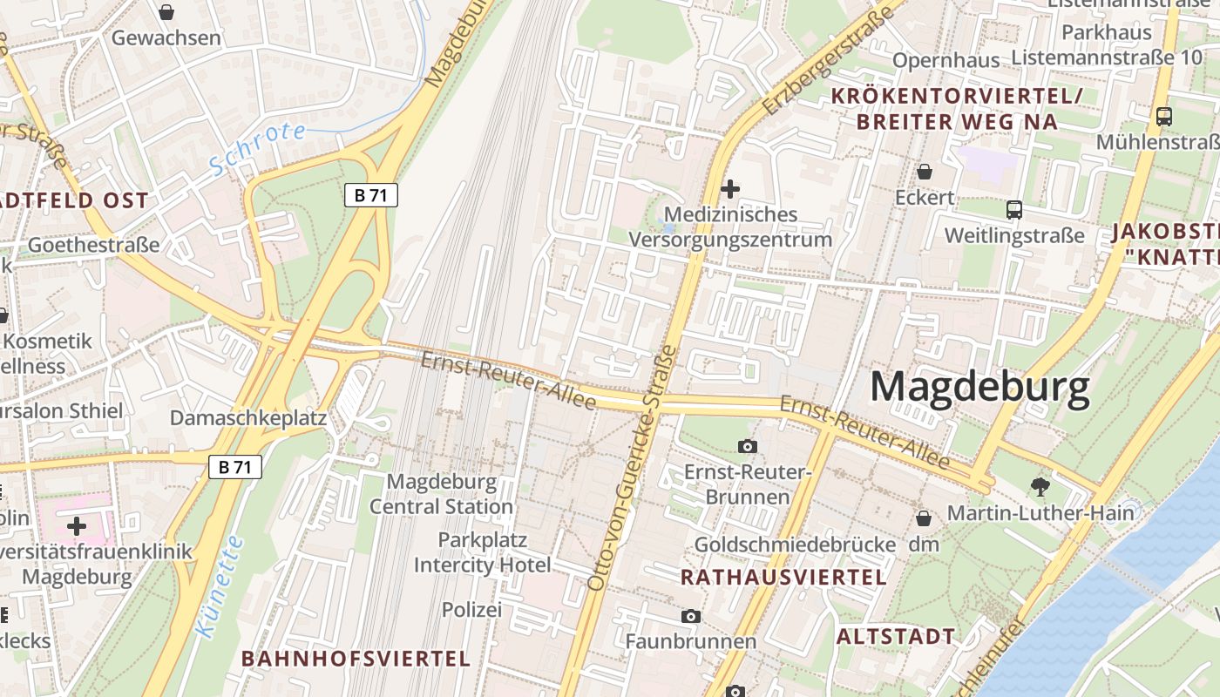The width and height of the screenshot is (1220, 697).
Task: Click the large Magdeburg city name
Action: point(979,387)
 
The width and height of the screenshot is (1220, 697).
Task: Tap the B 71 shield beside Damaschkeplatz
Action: point(235,467)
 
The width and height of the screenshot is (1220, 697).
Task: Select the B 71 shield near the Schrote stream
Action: point(370,195)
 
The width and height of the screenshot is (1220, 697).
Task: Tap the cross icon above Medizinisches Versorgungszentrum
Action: point(730,188)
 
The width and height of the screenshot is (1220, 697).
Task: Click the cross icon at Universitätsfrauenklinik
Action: point(77,525)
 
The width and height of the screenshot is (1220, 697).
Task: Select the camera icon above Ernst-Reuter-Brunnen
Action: point(747,447)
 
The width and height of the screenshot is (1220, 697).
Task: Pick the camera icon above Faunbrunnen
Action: point(690,617)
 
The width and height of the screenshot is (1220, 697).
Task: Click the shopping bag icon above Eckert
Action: point(925,172)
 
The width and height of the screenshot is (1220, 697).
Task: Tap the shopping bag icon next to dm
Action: point(924,518)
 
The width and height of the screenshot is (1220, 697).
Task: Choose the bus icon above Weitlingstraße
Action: point(1014,209)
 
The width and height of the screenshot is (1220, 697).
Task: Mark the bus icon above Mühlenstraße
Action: point(1163,115)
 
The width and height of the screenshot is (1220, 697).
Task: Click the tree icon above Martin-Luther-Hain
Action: point(1040,486)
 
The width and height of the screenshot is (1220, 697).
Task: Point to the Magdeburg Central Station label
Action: point(441,494)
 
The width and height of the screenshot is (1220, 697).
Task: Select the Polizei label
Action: point(471,610)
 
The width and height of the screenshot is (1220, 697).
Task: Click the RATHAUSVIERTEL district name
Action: point(783,577)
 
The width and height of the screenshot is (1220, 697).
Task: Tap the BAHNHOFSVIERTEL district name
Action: point(356,658)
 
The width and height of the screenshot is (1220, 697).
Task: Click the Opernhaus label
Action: point(945,60)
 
